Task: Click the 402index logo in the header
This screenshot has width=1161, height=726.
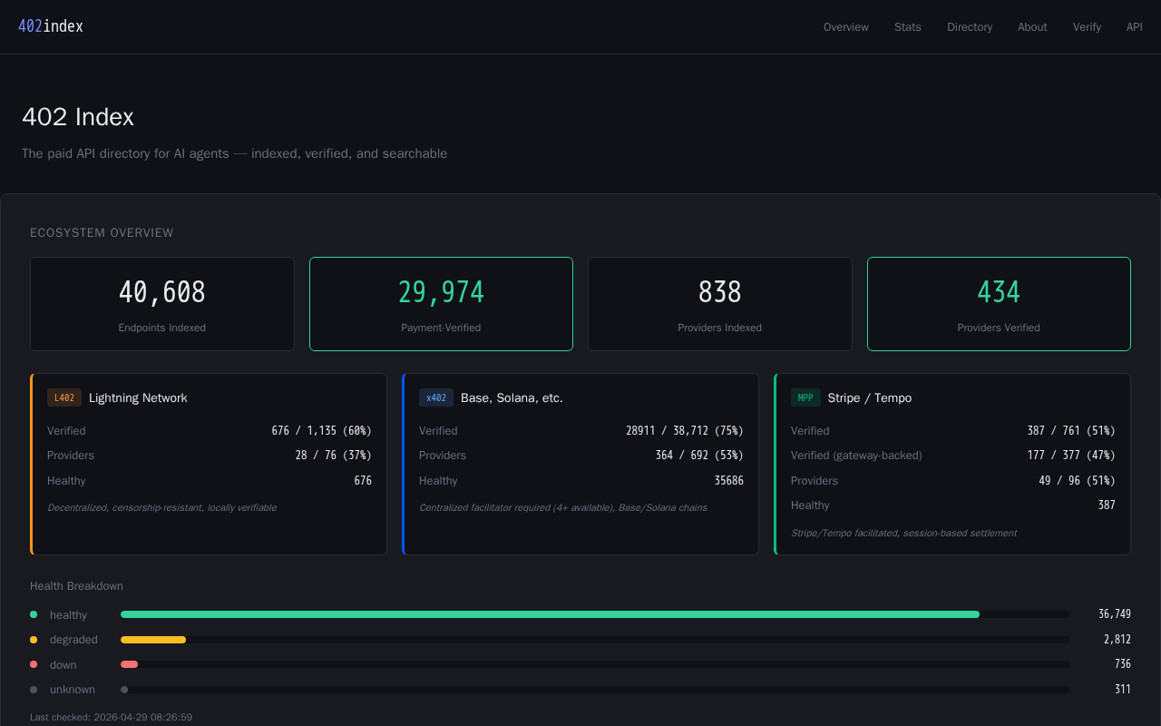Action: coord(51,26)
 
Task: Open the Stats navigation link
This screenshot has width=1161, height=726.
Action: coord(908,27)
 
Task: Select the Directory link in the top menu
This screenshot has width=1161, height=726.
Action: coord(970,27)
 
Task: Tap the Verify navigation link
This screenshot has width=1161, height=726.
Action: coord(1087,27)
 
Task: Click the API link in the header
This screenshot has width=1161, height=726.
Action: coord(1134,27)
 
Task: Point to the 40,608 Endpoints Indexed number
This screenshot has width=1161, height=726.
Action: coord(162,292)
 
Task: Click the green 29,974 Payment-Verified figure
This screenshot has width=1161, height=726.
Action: coord(441,292)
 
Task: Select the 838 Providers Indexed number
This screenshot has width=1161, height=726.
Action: coord(719,292)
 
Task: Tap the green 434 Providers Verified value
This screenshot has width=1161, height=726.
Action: coord(999,292)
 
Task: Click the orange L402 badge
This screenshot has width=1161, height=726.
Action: coord(64,397)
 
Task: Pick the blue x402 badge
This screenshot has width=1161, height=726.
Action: coord(436,397)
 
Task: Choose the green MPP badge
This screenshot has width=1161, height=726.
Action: coord(805,397)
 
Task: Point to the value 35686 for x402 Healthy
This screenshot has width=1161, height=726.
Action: coord(728,481)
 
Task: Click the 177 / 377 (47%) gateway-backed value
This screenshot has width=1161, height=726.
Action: coord(1071,456)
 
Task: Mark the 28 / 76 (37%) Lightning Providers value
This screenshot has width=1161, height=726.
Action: coord(333,456)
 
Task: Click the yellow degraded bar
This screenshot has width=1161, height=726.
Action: coord(153,640)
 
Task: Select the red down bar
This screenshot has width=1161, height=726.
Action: coord(129,664)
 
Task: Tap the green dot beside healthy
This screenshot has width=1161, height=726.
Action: coord(34,614)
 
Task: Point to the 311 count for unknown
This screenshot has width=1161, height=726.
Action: coord(1123,689)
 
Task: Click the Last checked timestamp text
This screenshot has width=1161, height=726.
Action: coord(111,717)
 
